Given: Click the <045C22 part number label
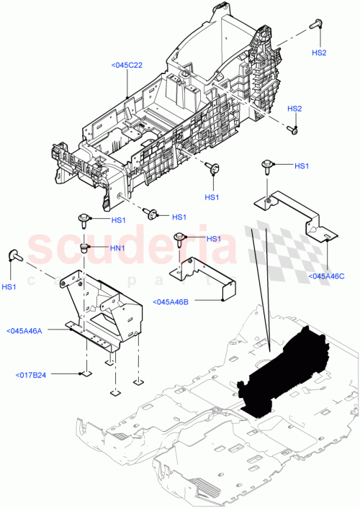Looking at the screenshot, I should coord(127,65).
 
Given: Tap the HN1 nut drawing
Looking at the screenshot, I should coord(85,248).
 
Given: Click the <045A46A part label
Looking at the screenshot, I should coord(24,331).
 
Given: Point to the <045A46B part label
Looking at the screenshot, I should coord(170,301).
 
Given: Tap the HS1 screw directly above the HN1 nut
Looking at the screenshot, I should coord(84,218).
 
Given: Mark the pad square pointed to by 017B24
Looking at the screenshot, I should coord(85,374).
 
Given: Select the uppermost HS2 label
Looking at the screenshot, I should coord(319,53).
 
